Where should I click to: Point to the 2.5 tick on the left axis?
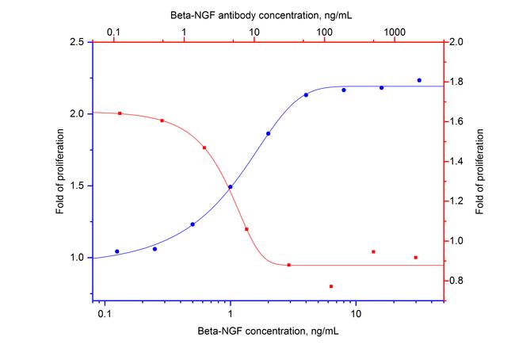pos(78,42)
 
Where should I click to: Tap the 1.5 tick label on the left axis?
pos(78,186)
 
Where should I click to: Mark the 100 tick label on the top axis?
pos(323,31)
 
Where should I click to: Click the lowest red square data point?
pos(331,286)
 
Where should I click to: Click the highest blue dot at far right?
pos(419,80)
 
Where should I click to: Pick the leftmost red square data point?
pos(120,113)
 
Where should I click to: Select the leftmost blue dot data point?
pos(117,251)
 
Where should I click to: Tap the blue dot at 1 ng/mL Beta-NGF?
pos(231,187)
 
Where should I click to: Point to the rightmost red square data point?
pos(415,258)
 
